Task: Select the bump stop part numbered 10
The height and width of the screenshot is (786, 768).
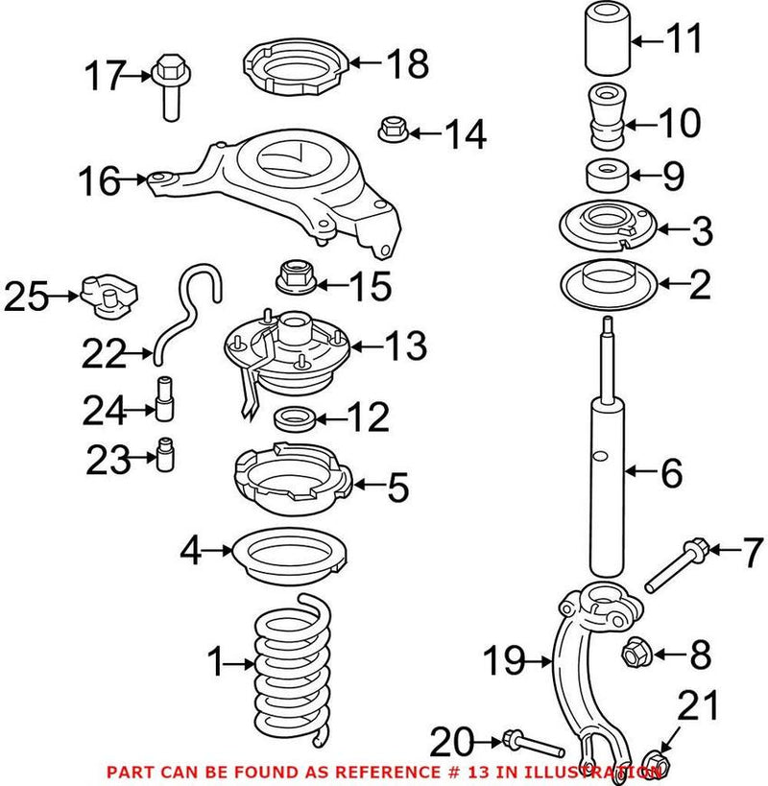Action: point(604,117)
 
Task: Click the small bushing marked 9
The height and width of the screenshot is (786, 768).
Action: point(606,177)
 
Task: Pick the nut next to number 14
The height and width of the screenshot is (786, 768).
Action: point(393,129)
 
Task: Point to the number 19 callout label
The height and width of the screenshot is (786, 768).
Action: point(503,660)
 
